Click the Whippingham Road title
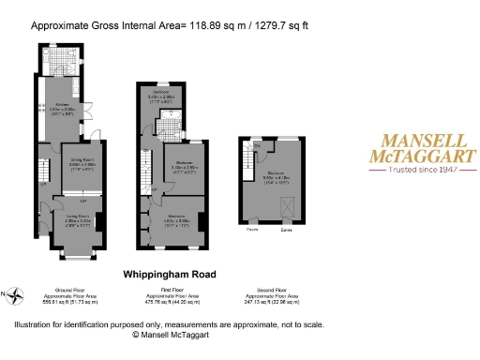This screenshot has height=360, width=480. click(170, 275)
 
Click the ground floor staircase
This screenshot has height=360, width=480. click(43, 171)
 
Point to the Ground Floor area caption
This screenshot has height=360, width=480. click(71, 297)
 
